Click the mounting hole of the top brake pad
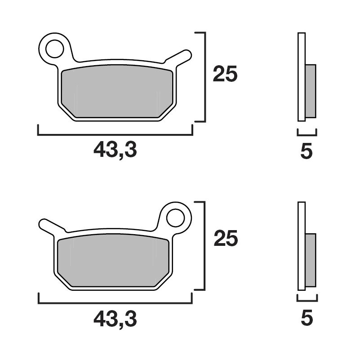coord(55,49)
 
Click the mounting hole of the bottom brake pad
coord(175,218)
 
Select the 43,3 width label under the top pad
coord(115,150)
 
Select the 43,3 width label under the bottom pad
coord(115,319)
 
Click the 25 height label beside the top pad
coord(225,75)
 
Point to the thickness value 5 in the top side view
coord(307,151)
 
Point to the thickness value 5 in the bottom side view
coord(307,318)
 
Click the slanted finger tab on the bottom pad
coord(50,225)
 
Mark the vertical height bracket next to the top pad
coord(204,76)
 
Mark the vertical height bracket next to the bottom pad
coord(204,245)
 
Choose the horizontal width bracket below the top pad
coord(115,134)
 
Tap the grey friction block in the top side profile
coord(311,91)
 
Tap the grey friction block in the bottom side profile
coord(311,260)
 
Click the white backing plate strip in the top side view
coord(302,76)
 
